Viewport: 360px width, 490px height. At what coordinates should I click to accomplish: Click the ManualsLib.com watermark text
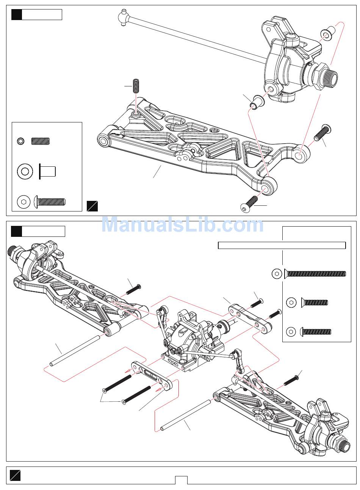[182, 224]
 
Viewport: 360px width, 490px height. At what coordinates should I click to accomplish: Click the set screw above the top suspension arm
[136, 86]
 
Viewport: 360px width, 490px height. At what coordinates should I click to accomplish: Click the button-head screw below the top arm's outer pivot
[249, 204]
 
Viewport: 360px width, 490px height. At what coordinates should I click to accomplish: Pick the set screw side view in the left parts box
[41, 141]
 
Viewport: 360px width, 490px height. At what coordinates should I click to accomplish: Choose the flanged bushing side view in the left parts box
[47, 171]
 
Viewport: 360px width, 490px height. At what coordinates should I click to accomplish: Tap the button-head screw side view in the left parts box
[50, 201]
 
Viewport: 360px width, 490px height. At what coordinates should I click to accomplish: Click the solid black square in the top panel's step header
[16, 15]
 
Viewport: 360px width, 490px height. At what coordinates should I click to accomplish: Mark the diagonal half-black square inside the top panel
[92, 206]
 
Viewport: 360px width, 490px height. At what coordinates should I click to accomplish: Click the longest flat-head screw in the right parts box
[315, 274]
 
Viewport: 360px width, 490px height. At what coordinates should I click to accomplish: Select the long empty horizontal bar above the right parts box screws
[282, 245]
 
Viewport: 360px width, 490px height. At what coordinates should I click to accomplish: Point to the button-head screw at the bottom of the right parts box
[315, 332]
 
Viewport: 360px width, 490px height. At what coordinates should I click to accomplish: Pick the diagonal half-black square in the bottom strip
[15, 475]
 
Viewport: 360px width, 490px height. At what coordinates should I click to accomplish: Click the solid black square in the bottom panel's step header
[16, 231]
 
